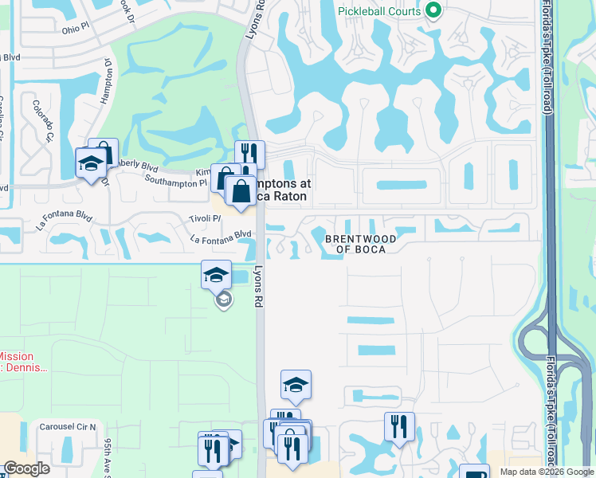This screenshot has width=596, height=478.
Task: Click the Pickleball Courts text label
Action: (379, 11)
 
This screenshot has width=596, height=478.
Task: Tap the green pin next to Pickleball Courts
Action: (433, 11)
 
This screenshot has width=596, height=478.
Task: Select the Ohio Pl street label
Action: (80, 29)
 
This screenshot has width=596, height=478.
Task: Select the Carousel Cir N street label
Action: (68, 427)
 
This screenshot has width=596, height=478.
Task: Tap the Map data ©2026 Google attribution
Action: (547, 472)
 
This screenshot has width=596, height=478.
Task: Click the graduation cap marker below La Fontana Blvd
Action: (216, 275)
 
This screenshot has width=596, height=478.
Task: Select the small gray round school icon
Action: (224, 300)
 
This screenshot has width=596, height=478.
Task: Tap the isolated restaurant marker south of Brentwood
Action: (399, 426)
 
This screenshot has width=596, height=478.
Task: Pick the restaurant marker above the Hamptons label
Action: (249, 154)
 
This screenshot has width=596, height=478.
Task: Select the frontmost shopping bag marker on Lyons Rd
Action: (241, 190)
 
